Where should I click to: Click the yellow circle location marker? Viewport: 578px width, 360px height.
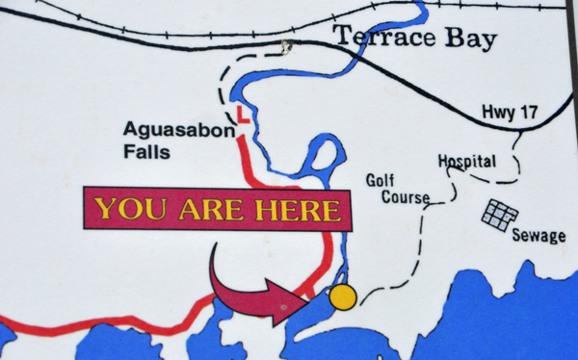[x=342, y=297]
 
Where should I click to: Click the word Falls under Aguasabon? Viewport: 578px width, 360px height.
[x=146, y=152]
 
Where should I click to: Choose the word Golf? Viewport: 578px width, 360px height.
[x=381, y=180]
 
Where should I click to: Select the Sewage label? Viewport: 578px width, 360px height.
[x=539, y=236]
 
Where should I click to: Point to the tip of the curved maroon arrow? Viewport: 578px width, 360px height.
[x=306, y=294]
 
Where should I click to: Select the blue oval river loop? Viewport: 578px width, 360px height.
[x=327, y=155]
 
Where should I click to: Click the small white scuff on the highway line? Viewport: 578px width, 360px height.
[x=284, y=45]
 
